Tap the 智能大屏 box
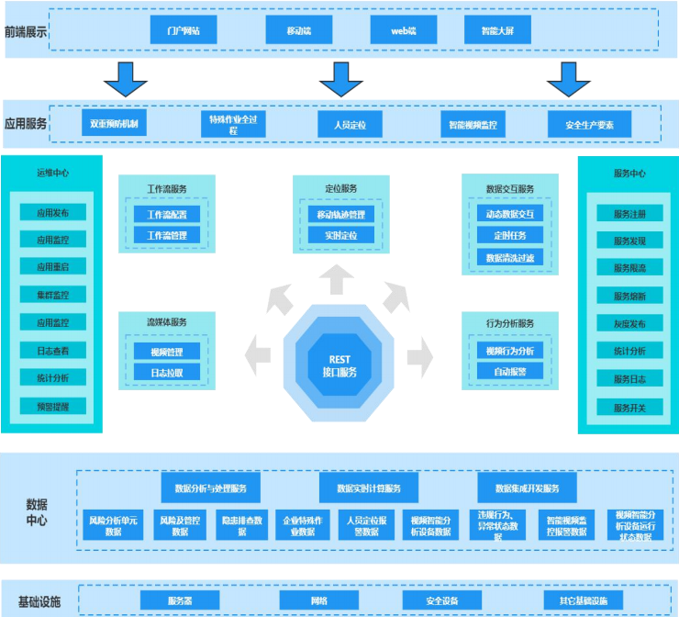pos(498,29)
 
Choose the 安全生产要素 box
pos(589,124)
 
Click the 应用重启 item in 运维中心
pos(52,267)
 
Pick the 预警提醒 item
pos(52,405)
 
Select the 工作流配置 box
pos(167,214)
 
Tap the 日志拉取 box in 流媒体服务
pos(167,373)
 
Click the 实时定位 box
pos(341,235)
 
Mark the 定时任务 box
pos(509,235)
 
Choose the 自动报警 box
pos(509,372)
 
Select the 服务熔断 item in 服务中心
pos(629,296)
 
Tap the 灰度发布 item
pos(629,323)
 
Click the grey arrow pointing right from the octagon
pos(419,352)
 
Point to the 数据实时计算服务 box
pos(368,488)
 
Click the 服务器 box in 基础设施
pos(180,600)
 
